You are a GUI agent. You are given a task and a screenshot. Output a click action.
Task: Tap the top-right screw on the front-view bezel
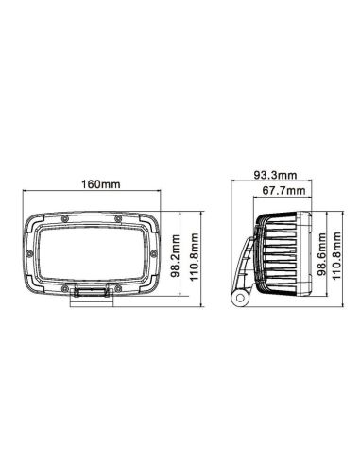point(119,216)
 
